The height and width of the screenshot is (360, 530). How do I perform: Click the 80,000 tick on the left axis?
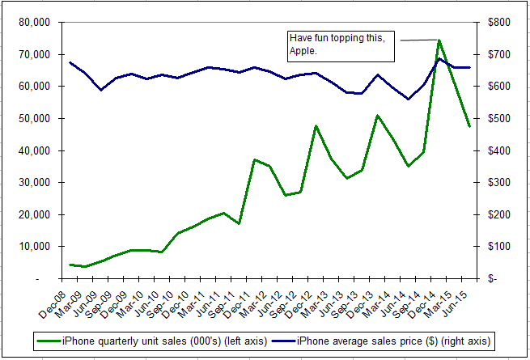[36, 23]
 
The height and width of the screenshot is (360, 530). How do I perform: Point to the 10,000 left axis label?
[36, 247]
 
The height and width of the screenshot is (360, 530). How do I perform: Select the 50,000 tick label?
[36, 119]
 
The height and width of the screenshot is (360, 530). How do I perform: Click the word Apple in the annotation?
[303, 51]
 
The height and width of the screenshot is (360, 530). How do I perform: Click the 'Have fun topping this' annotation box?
[341, 45]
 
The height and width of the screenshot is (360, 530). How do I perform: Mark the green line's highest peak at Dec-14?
[439, 40]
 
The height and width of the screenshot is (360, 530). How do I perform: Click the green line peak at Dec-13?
[378, 116]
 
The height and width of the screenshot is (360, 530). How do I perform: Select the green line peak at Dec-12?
[316, 126]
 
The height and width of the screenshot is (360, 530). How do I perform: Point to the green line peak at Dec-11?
[255, 159]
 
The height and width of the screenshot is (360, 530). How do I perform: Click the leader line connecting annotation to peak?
[417, 40]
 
